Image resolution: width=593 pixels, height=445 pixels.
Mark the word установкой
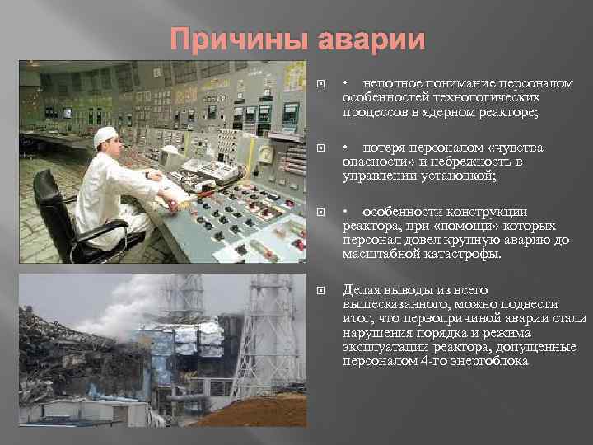460,176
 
